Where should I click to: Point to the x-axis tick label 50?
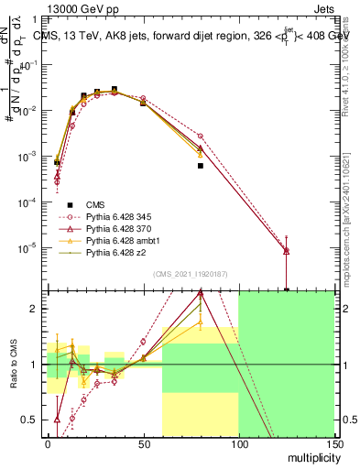(x=143, y=443)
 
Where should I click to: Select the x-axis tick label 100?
(x=238, y=443)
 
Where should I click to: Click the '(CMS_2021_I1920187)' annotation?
(x=190, y=274)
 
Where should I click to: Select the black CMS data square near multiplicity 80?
(x=200, y=166)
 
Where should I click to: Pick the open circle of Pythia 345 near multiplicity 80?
(x=200, y=136)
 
